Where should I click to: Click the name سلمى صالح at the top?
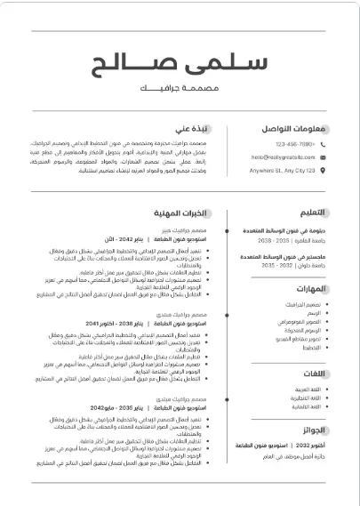coord(180,67)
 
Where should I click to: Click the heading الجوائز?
coord(313,430)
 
